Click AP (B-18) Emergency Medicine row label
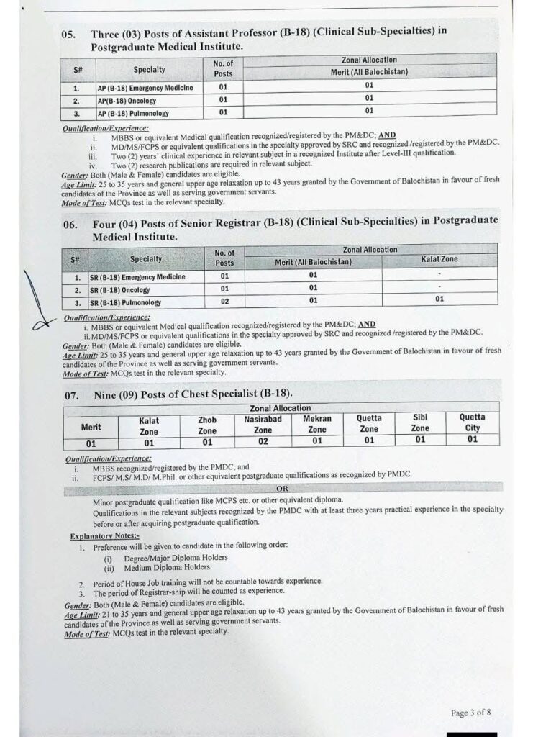[145, 87]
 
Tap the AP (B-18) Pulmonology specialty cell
[133, 113]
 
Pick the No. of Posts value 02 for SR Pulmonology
[224, 302]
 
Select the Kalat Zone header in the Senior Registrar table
[439, 259]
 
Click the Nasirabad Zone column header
[263, 423]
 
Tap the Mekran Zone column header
[317, 423]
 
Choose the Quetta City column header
[472, 422]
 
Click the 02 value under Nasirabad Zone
[263, 440]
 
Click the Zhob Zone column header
[207, 425]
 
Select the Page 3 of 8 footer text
[471, 713]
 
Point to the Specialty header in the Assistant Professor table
[149, 70]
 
